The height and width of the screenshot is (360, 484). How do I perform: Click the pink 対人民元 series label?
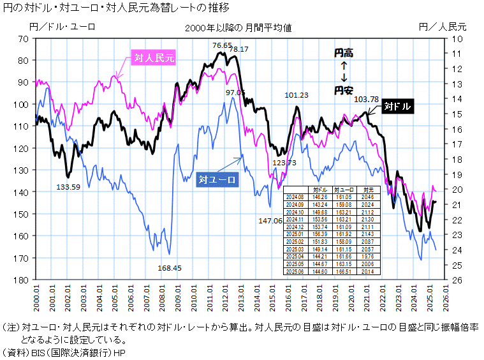click(x=154, y=58)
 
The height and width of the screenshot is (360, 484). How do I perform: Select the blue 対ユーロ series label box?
click(x=217, y=179)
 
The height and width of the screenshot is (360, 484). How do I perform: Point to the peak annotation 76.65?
click(x=223, y=45)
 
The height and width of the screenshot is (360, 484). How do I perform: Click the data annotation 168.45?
click(x=170, y=268)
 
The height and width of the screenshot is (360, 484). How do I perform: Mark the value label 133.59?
click(x=69, y=187)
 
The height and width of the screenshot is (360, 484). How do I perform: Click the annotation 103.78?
click(x=366, y=99)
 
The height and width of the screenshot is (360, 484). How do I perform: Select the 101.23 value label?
click(x=297, y=95)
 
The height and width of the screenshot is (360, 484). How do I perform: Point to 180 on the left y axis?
click(x=23, y=280)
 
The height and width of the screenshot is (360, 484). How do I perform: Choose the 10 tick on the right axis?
click(x=456, y=39)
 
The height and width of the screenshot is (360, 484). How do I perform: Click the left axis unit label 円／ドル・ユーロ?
click(x=62, y=27)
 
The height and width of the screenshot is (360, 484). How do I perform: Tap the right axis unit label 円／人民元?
click(x=443, y=27)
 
